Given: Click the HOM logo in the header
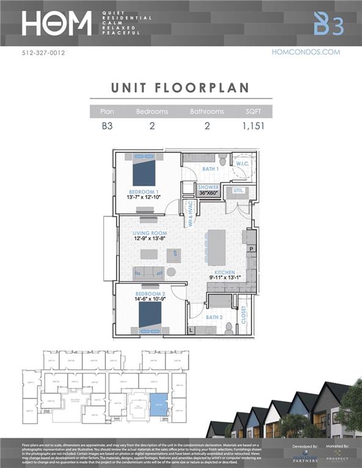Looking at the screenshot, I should (x=56, y=23).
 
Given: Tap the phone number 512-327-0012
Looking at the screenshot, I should (x=43, y=53).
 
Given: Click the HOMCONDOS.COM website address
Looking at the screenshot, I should (x=305, y=52).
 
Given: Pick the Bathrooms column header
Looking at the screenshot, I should (x=207, y=112).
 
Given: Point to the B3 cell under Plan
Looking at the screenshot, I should (x=107, y=127).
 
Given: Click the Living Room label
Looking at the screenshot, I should (x=151, y=233).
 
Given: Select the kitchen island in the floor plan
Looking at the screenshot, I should (x=216, y=247).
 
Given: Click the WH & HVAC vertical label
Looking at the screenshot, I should (x=190, y=214).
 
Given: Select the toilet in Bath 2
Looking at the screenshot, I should (x=229, y=329).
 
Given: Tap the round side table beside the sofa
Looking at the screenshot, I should (x=172, y=272).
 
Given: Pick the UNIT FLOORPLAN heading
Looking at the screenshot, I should (x=181, y=87).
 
